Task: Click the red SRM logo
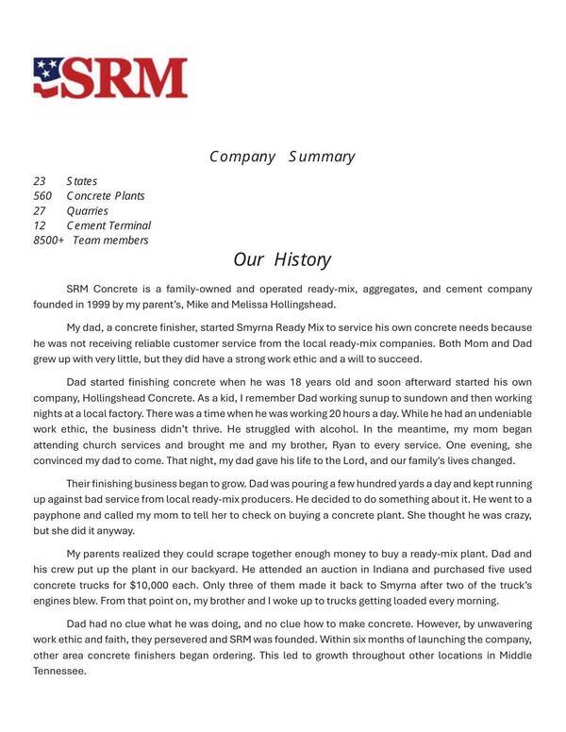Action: (x=110, y=78)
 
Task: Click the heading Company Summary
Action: (x=282, y=157)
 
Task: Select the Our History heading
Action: (x=282, y=259)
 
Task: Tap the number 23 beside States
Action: (x=40, y=181)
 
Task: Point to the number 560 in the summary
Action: (x=42, y=196)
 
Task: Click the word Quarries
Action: (x=88, y=211)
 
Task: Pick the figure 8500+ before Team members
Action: (x=49, y=241)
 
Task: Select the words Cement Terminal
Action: (x=108, y=225)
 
